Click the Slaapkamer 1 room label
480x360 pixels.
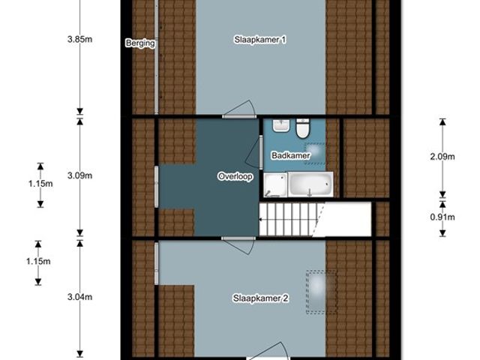point(260,40)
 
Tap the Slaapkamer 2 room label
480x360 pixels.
point(260,298)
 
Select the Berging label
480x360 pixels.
point(140,43)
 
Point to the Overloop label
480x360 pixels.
point(235,177)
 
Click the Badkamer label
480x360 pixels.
point(290,155)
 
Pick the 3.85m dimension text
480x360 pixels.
point(80,40)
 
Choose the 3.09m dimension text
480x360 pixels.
point(80,175)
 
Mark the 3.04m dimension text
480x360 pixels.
point(80,297)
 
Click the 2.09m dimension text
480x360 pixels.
point(442,157)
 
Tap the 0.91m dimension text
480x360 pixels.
point(442,217)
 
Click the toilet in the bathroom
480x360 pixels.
point(303,128)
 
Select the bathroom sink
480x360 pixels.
point(281,126)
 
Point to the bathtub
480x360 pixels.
point(310,184)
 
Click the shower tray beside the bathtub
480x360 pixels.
point(275,184)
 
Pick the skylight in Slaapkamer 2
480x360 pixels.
point(321,292)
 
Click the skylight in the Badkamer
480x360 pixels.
point(315,154)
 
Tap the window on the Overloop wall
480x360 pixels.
point(157,187)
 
